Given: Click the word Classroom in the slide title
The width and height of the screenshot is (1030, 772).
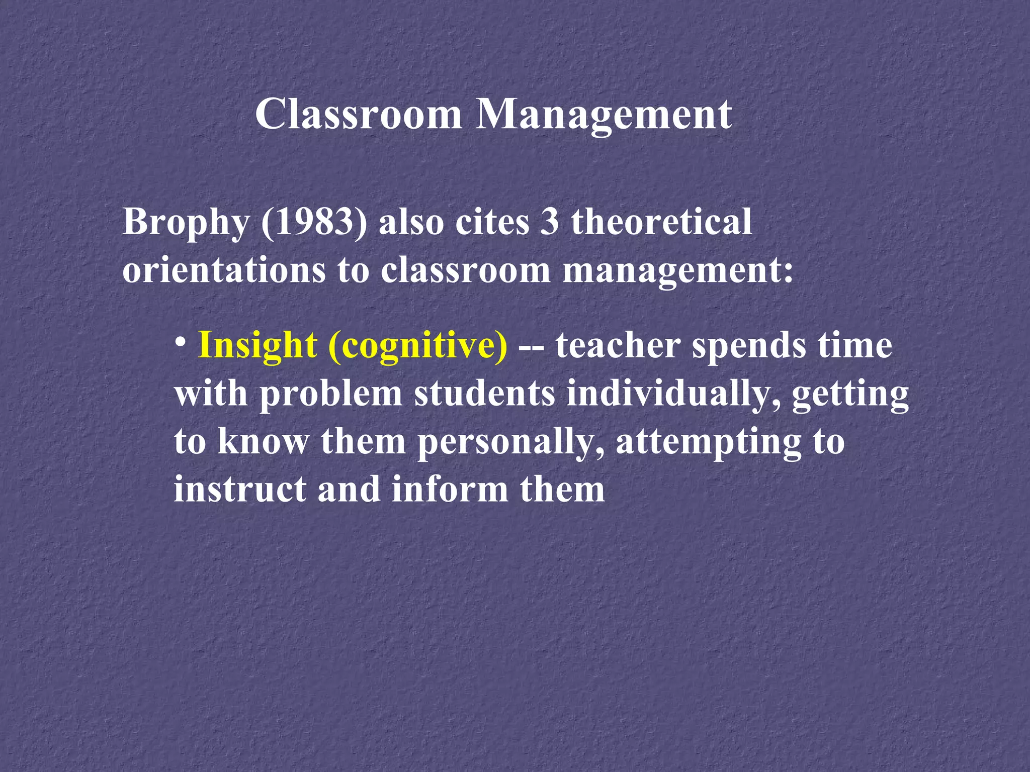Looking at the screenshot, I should click(x=359, y=114).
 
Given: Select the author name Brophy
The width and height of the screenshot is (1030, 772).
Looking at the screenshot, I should click(x=186, y=223).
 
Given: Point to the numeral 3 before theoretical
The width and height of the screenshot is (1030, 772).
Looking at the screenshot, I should click(x=549, y=222).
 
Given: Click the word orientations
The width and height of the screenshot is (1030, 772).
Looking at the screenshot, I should click(x=224, y=270).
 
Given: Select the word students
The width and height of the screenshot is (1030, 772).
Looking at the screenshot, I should click(x=485, y=394).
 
